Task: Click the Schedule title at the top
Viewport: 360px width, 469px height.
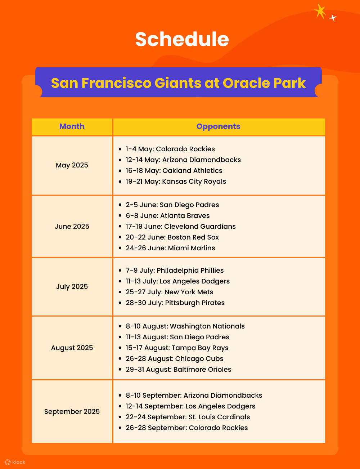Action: pos(182,39)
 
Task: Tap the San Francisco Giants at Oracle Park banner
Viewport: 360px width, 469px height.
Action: pos(178,83)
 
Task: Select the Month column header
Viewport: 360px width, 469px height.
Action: pos(72,126)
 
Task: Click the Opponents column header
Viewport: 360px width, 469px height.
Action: pos(218,126)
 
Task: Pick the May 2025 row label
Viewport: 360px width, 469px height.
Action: pos(72,165)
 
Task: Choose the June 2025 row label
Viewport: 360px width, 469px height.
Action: pos(72,227)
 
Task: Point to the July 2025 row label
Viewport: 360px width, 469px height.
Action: pos(72,287)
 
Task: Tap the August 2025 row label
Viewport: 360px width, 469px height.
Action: pos(72,348)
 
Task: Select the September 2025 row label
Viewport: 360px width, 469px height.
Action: pos(72,412)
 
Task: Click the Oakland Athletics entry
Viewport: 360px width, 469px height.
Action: pos(174,171)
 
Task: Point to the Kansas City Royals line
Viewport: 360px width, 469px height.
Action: pos(176,182)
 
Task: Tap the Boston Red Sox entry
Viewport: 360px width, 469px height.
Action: pos(172,237)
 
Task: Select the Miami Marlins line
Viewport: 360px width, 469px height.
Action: pos(170,248)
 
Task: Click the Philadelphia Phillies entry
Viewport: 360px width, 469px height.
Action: pos(175,271)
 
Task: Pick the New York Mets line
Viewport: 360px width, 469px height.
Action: pos(169,292)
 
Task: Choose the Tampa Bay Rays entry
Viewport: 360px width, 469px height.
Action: pos(177,348)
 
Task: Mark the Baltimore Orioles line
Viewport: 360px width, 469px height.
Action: pos(178,370)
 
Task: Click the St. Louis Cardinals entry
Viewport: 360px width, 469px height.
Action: pos(188,417)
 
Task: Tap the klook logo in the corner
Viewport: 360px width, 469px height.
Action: pos(15,462)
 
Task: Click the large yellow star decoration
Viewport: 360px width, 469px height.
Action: pos(320,11)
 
